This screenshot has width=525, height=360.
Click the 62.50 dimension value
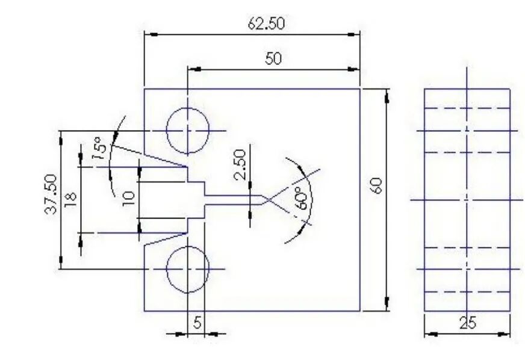pos(266,23)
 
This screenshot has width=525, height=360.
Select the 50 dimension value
pos(273,59)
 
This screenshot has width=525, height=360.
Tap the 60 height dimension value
pos(376,186)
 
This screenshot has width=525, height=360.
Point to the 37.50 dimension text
pos(51,194)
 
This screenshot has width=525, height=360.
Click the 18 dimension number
pos(71,200)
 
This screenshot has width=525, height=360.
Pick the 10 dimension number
pos(129,198)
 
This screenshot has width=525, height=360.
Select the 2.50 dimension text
pos(240,164)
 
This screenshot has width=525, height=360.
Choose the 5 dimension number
pos(197,323)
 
